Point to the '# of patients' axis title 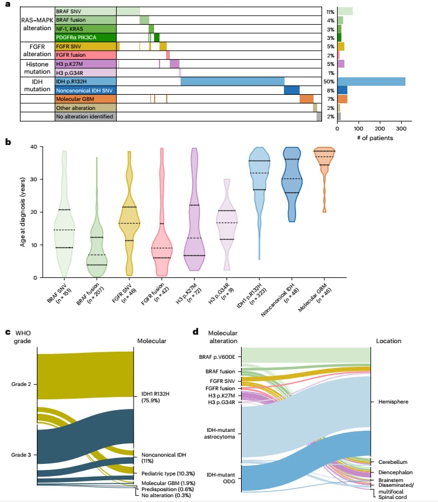371,138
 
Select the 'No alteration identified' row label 85,117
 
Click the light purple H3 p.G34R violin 227,230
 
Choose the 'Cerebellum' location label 392,462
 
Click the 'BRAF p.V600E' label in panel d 218,357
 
